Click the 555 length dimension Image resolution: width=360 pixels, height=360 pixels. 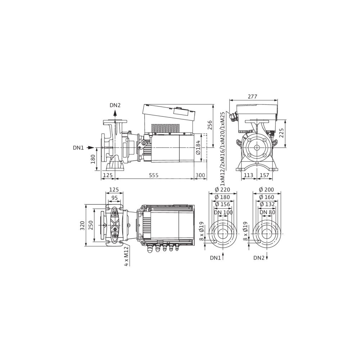[154, 175]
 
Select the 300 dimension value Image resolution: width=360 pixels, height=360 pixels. [200, 175]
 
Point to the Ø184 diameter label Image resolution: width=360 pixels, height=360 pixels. [198, 147]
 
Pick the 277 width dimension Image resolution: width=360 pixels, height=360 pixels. [253, 96]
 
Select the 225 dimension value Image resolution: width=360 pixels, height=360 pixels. [282, 133]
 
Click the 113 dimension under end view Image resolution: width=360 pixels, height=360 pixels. [248, 175]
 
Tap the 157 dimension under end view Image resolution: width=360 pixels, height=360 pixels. [265, 175]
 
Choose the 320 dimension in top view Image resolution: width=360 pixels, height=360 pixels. [82, 226]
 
